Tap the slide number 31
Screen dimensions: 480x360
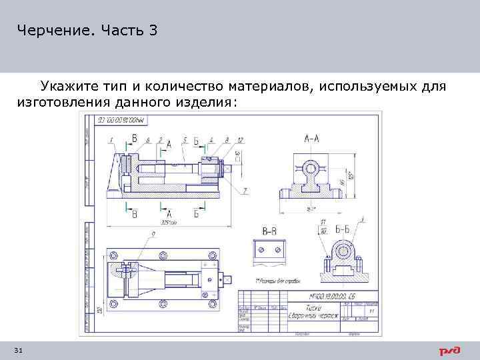[x=18, y=350]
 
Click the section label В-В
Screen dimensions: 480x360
[x=270, y=231]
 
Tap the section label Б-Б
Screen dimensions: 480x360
[x=343, y=229]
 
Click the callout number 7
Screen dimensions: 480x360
[x=246, y=191]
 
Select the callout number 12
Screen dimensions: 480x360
[x=239, y=139]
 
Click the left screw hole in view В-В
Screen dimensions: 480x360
[x=260, y=249]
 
